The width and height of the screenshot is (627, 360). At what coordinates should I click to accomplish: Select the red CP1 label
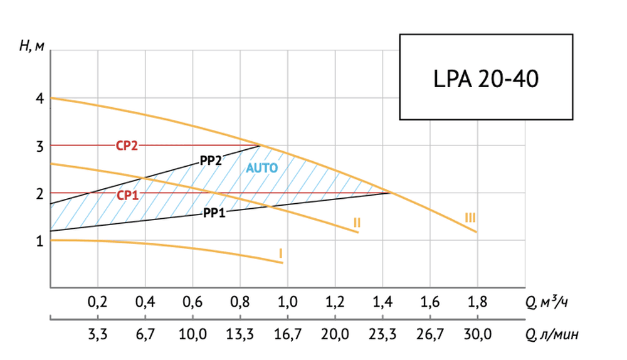(x=127, y=195)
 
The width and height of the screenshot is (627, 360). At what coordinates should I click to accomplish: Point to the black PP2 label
(x=211, y=161)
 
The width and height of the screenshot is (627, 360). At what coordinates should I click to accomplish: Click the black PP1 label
(x=214, y=213)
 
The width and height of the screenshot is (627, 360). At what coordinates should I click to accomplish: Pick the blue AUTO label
(x=261, y=168)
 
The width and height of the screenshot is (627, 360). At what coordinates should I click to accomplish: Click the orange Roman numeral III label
(x=470, y=218)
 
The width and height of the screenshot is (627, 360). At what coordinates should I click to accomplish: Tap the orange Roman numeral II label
(x=356, y=222)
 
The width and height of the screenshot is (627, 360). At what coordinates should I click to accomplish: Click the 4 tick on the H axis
(x=39, y=99)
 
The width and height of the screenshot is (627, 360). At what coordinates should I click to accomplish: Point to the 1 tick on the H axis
(x=39, y=241)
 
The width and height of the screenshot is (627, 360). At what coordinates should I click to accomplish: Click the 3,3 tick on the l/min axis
(x=97, y=334)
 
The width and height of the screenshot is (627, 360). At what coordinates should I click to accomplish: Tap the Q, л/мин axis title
(x=552, y=335)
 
